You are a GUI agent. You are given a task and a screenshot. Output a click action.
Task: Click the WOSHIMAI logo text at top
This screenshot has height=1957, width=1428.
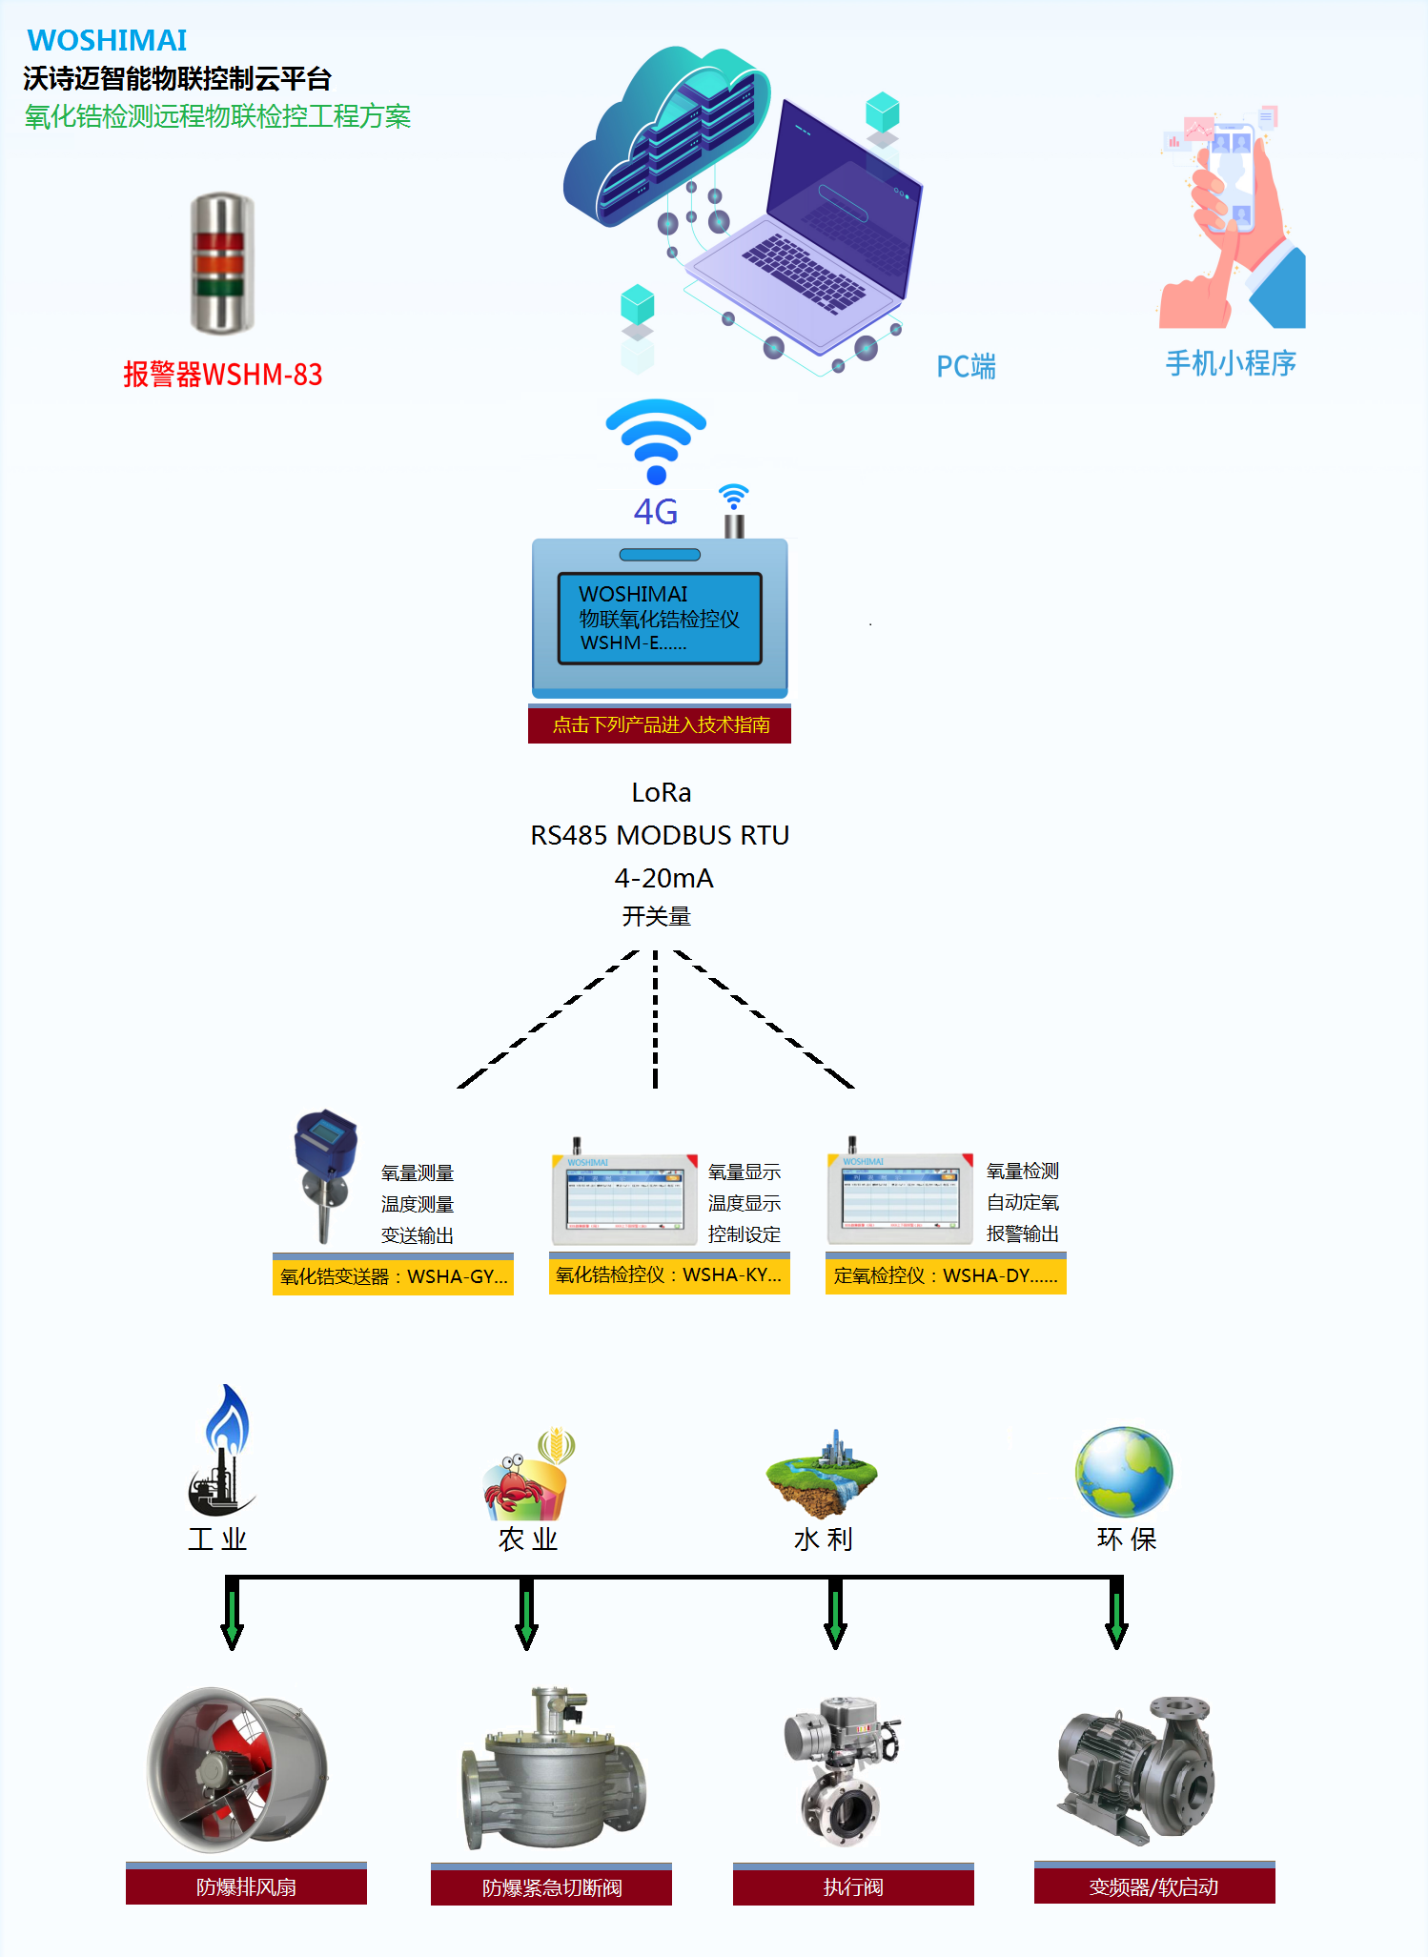click(107, 40)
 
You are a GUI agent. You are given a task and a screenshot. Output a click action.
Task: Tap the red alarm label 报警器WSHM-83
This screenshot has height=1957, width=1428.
click(222, 375)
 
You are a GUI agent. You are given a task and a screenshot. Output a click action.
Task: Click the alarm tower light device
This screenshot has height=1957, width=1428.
click(222, 264)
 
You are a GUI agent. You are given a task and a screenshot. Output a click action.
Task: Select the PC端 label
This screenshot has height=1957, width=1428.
click(966, 367)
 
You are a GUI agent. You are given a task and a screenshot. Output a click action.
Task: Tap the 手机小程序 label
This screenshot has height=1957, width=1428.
click(1230, 363)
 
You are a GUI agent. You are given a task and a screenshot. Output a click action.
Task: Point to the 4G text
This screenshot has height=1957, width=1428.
click(656, 513)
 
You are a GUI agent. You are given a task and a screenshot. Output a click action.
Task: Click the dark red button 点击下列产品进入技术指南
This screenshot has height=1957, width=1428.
click(660, 725)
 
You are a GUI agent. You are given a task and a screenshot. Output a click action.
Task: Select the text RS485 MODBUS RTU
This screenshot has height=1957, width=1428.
click(660, 836)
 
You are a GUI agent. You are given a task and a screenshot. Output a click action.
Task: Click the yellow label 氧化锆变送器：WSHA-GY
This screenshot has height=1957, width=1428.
click(393, 1276)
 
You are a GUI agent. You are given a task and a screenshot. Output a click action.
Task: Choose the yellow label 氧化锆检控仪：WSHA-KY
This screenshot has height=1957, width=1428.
click(669, 1275)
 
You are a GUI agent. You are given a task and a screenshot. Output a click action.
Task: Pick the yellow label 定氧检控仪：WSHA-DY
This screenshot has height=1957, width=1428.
click(946, 1275)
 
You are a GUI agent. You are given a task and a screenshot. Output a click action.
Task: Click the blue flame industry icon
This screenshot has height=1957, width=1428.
click(223, 1449)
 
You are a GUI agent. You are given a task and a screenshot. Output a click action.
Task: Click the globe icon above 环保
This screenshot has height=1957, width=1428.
click(1124, 1471)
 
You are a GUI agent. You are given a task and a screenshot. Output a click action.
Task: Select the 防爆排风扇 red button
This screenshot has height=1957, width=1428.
click(246, 1886)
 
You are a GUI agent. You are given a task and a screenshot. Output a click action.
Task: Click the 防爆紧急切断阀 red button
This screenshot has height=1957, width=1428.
click(551, 1887)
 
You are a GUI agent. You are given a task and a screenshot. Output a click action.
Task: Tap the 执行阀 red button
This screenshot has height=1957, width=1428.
click(853, 1887)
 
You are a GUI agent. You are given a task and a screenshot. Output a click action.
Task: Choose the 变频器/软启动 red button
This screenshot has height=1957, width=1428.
click(1154, 1886)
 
